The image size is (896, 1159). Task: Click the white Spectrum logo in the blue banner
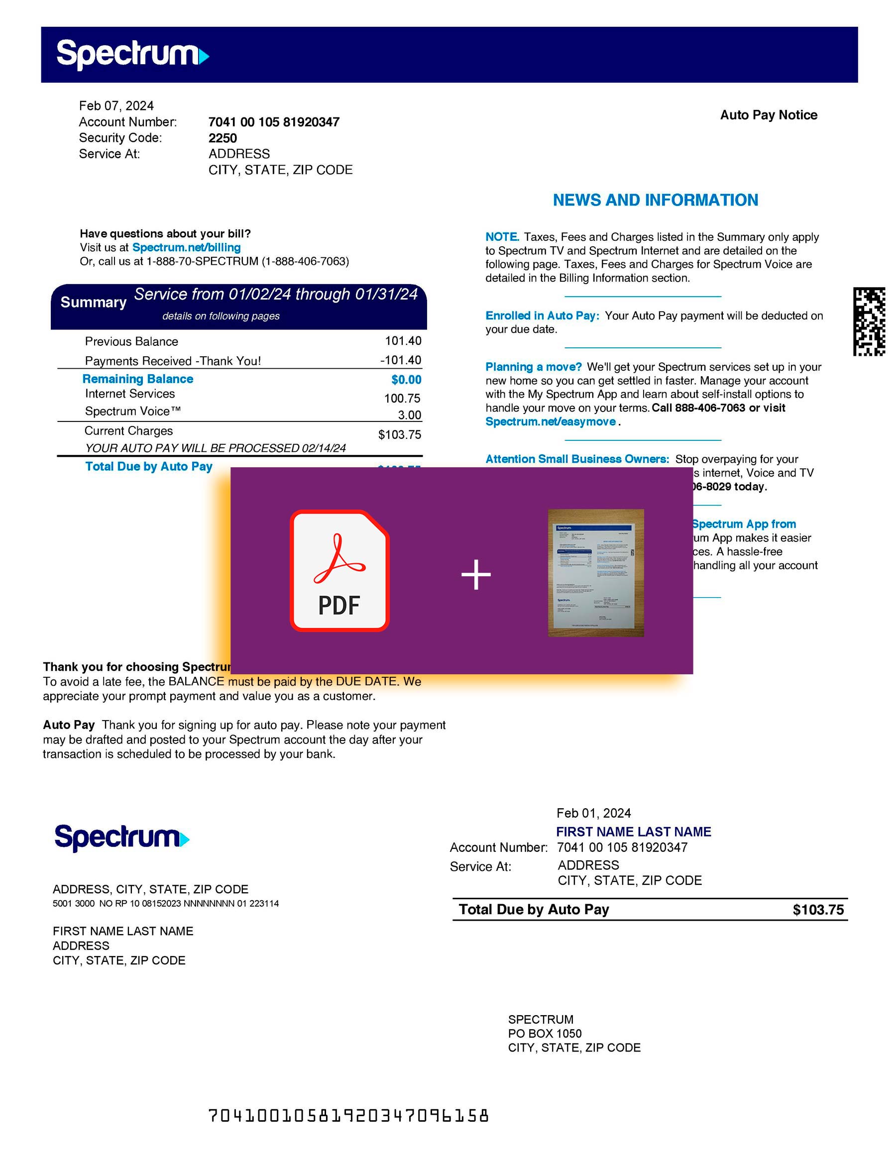tap(132, 54)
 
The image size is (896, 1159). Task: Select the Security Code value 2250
tap(223, 138)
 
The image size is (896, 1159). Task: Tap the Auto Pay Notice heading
tap(768, 115)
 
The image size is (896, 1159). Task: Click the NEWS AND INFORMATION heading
tap(655, 200)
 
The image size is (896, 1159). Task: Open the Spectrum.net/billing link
tap(186, 247)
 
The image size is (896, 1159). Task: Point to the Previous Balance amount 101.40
tap(403, 341)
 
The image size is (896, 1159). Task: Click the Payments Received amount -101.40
tap(400, 360)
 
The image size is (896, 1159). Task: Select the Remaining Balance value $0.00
tap(406, 379)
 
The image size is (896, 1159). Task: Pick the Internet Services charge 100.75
tap(402, 398)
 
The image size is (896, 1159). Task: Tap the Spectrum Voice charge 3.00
tap(409, 415)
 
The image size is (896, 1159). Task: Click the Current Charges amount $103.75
tap(399, 434)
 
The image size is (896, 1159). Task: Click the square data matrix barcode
tap(869, 321)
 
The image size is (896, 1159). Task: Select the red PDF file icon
tap(339, 570)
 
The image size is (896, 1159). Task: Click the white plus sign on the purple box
tap(475, 574)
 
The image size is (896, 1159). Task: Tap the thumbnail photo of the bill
tap(595, 573)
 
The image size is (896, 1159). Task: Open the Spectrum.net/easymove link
tap(551, 421)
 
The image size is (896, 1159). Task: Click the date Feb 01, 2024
tap(593, 813)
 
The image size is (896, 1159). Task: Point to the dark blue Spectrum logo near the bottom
tap(121, 838)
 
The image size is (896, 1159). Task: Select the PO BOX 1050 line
tap(545, 1033)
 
